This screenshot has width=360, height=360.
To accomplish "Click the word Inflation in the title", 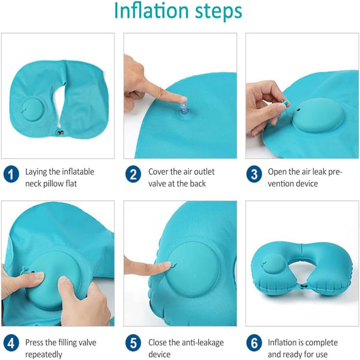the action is [151, 11].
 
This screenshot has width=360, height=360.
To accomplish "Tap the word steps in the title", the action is [218, 12].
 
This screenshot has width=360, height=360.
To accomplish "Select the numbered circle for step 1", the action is [11, 174].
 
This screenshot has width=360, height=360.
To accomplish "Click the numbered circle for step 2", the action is [133, 174].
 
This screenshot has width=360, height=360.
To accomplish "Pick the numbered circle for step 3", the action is [254, 174].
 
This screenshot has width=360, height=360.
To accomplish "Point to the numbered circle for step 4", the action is [11, 343].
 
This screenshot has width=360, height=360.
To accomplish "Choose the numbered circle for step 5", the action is [133, 343].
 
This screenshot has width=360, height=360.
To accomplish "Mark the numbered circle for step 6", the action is [254, 343].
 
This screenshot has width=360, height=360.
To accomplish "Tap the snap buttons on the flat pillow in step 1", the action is [60, 133].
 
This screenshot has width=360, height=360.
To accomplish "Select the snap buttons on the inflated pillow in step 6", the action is [304, 286].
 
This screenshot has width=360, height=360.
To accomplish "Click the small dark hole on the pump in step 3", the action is [298, 110].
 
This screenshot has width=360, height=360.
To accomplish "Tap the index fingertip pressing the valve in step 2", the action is [183, 99].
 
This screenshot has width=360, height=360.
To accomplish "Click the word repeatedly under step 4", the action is [44, 355].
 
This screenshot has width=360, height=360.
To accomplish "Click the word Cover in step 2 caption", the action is [158, 172].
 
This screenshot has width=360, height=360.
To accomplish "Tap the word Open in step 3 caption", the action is [277, 172].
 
